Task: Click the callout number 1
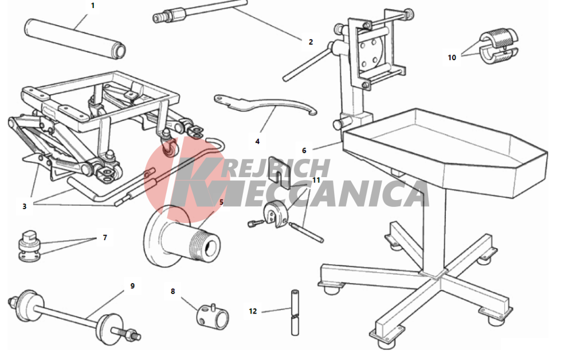click(92, 6)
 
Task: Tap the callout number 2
click(311, 42)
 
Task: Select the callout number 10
click(452, 57)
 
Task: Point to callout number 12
click(253, 311)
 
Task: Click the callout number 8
click(173, 291)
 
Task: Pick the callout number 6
click(304, 150)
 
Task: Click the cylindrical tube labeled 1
click(75, 38)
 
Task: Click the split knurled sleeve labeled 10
click(499, 46)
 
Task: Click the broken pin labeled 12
click(295, 312)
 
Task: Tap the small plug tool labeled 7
click(29, 246)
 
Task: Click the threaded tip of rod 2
click(158, 17)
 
